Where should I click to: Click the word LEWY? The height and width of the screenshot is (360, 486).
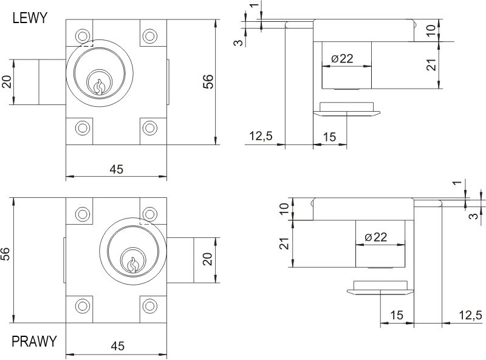(30, 18)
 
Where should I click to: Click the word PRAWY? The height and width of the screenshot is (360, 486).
(34, 341)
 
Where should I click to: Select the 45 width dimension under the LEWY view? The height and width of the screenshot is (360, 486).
(116, 169)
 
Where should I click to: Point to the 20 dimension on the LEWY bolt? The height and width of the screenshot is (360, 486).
(7, 81)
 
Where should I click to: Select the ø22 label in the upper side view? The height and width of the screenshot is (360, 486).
(343, 59)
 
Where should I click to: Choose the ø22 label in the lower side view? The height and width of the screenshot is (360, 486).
(376, 237)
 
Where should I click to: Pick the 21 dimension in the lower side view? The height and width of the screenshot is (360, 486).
(284, 243)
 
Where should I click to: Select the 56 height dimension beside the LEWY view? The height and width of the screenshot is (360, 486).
(208, 82)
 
